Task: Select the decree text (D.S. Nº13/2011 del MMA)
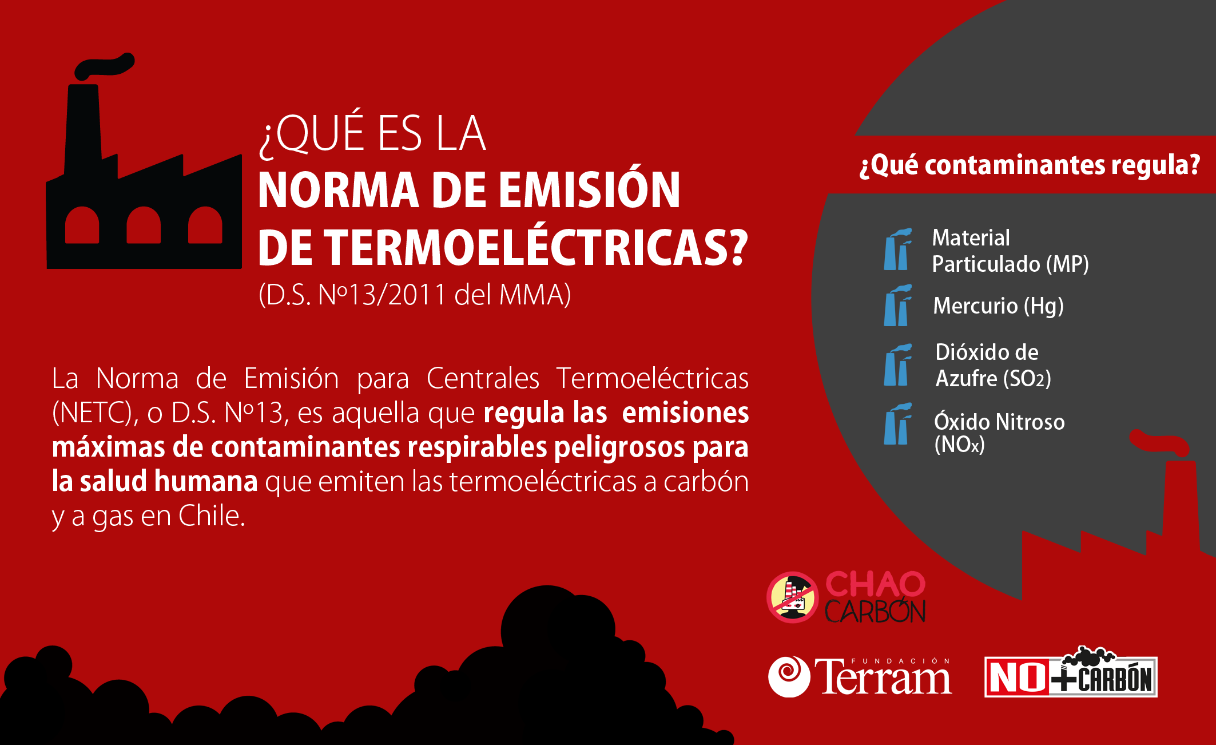[x=415, y=295]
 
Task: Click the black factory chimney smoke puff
[x=105, y=66]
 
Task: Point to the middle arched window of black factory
[x=144, y=225]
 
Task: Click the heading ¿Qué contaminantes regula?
[x=1030, y=165]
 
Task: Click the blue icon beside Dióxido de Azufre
[x=897, y=364]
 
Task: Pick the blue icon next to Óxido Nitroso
[x=897, y=424]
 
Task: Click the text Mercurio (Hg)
[x=998, y=306]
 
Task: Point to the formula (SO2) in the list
[x=1027, y=379]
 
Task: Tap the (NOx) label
[x=959, y=445]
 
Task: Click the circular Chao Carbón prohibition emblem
[x=792, y=597]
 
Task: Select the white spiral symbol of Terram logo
[x=789, y=676]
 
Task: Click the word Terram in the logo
[x=884, y=677]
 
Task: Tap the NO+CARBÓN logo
[x=1071, y=673]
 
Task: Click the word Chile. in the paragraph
[x=212, y=516]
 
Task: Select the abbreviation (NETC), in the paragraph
[x=95, y=413]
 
